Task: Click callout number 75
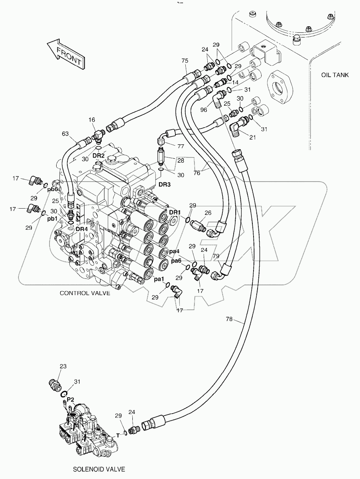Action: point(185,61)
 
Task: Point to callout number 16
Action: point(92,119)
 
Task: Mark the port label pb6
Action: point(53,189)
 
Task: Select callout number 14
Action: point(235,82)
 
